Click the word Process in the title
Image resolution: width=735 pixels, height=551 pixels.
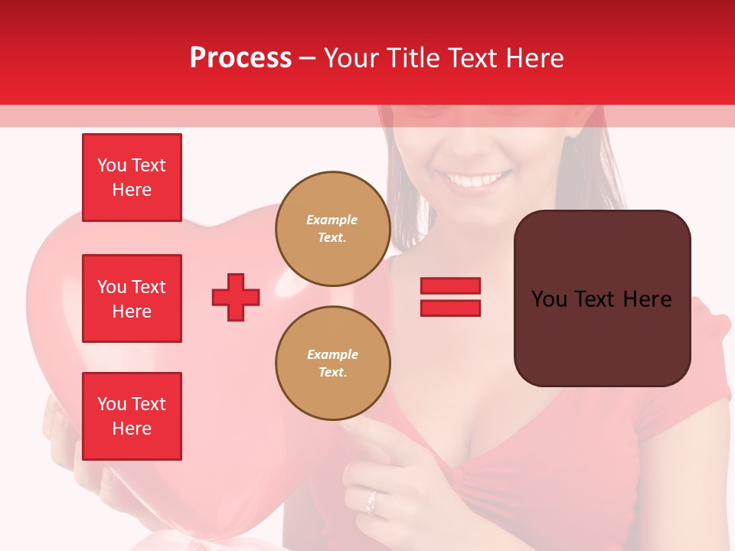point(240,58)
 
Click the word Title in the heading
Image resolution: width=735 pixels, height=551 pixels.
point(410,58)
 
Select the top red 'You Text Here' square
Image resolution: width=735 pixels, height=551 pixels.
point(132,178)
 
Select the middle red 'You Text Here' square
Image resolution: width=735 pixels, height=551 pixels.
point(132,298)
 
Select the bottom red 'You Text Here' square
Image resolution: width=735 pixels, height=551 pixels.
point(132,416)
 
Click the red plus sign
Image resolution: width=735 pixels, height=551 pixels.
point(236,297)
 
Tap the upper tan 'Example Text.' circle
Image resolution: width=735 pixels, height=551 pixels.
point(332,229)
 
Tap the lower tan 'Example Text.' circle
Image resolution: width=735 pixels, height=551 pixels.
point(332,364)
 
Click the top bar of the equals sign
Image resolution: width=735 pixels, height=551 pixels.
point(450,286)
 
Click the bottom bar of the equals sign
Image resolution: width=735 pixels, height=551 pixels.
point(450,308)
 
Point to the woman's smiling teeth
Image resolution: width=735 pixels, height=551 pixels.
point(476,181)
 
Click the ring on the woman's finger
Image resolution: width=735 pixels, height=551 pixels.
point(371,503)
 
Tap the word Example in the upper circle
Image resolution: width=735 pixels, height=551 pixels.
point(332,220)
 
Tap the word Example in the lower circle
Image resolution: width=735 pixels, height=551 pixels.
point(332,354)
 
